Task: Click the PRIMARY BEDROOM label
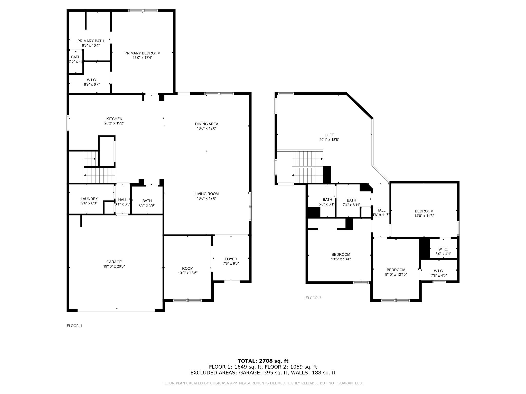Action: [142, 53]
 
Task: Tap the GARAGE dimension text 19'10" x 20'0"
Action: [114, 266]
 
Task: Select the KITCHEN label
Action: [114, 119]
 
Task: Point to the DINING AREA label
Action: [206, 124]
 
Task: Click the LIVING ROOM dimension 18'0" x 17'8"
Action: [206, 198]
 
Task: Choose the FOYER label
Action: [231, 259]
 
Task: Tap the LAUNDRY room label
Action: [89, 199]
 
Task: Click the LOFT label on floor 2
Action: [329, 135]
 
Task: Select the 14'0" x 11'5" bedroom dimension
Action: [424, 216]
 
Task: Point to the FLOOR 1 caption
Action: [74, 326]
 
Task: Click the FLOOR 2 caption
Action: [313, 298]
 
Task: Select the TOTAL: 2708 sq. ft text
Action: [263, 361]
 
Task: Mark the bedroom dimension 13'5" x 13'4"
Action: [341, 259]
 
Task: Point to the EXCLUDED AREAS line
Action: [263, 373]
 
